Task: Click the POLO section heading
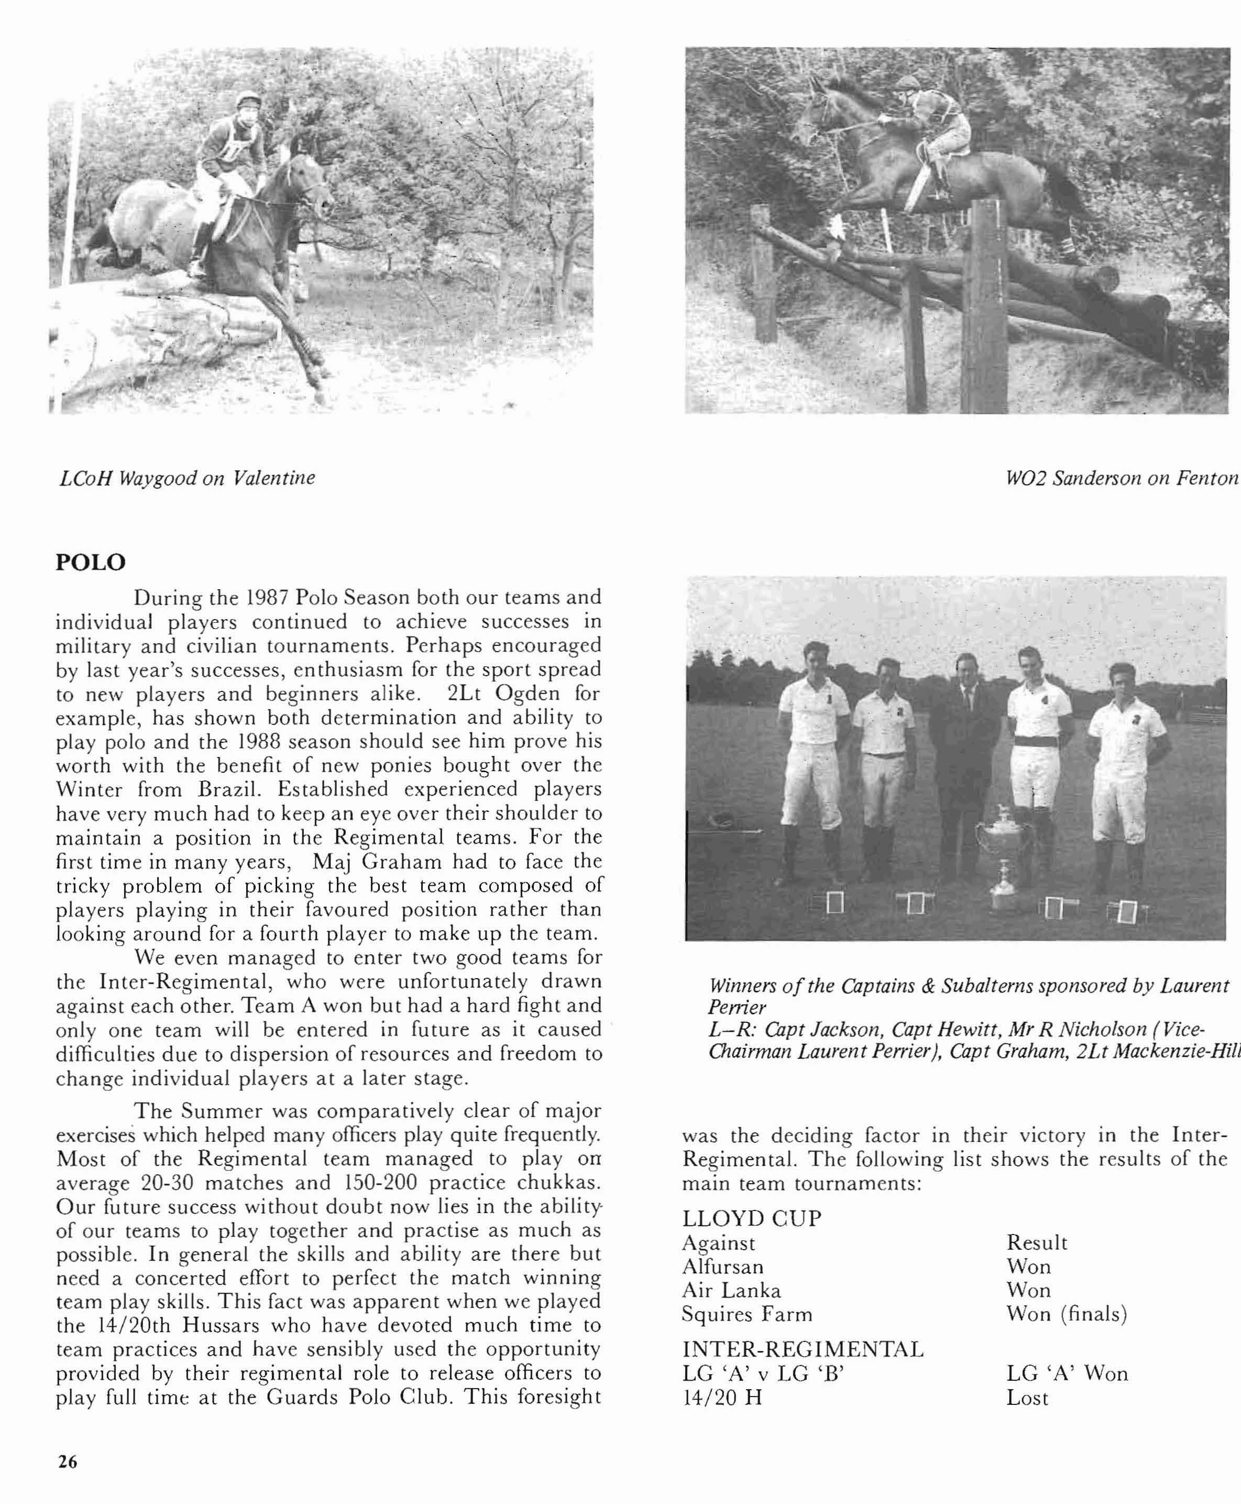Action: (90, 561)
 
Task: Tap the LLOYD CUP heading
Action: (751, 1218)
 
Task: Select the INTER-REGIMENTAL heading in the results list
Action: (803, 1349)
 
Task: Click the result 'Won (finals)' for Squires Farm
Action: (1067, 1314)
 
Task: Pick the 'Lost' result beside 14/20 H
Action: (1027, 1398)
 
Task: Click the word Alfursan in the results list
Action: (723, 1267)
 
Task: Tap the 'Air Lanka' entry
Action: (731, 1290)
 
